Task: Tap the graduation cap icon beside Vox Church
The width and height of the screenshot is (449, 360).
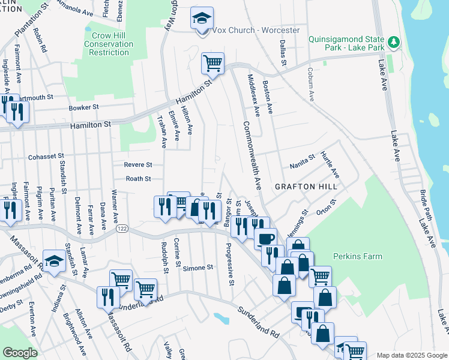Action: [x=202, y=19]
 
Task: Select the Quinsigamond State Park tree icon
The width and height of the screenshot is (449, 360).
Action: [x=394, y=42]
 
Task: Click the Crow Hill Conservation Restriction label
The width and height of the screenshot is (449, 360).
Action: [x=109, y=44]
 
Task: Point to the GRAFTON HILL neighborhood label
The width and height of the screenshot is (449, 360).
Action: [x=306, y=187]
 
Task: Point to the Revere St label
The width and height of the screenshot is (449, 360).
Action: [x=139, y=164]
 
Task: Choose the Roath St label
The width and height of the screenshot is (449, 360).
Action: [x=138, y=178]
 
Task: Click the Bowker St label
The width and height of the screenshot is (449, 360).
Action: [x=83, y=107]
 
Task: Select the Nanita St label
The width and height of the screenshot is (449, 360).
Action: [x=302, y=160]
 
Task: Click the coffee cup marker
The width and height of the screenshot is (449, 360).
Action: [x=266, y=238]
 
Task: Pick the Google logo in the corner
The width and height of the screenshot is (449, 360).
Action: [x=20, y=352]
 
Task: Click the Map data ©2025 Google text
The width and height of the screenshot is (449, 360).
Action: [x=412, y=355]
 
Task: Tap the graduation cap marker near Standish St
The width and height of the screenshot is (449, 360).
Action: [x=53, y=262]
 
